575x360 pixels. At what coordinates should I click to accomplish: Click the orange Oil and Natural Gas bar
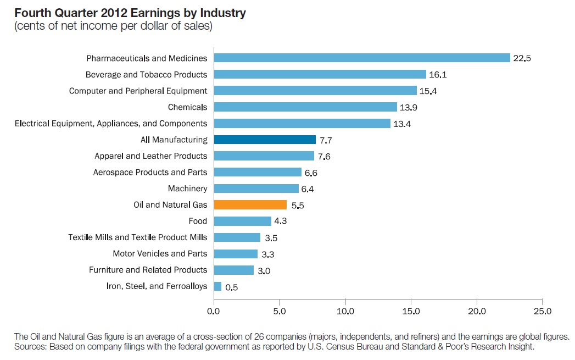(x=250, y=204)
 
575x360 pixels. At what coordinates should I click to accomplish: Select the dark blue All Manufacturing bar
(x=265, y=140)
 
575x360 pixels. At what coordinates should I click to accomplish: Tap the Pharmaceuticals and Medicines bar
(x=362, y=58)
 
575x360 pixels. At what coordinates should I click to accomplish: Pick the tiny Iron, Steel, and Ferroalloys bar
(x=217, y=286)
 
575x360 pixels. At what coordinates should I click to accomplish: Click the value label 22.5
(x=522, y=58)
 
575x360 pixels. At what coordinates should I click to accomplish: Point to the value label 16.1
(x=438, y=75)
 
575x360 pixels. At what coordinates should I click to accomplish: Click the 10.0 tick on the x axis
(x=345, y=311)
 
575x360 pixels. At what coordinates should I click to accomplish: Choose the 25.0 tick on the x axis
(x=541, y=311)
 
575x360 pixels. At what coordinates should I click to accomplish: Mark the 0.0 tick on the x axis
(x=214, y=311)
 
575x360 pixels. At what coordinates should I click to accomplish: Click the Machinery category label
(x=187, y=189)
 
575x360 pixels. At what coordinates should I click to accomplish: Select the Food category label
(x=198, y=221)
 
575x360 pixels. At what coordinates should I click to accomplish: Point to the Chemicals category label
(x=187, y=107)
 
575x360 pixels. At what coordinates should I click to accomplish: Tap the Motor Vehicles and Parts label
(x=160, y=253)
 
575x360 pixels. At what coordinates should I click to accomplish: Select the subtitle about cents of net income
(x=113, y=26)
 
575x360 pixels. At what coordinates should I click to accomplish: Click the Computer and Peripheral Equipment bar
(x=315, y=90)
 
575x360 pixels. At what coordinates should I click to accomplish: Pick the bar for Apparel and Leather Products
(x=264, y=156)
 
